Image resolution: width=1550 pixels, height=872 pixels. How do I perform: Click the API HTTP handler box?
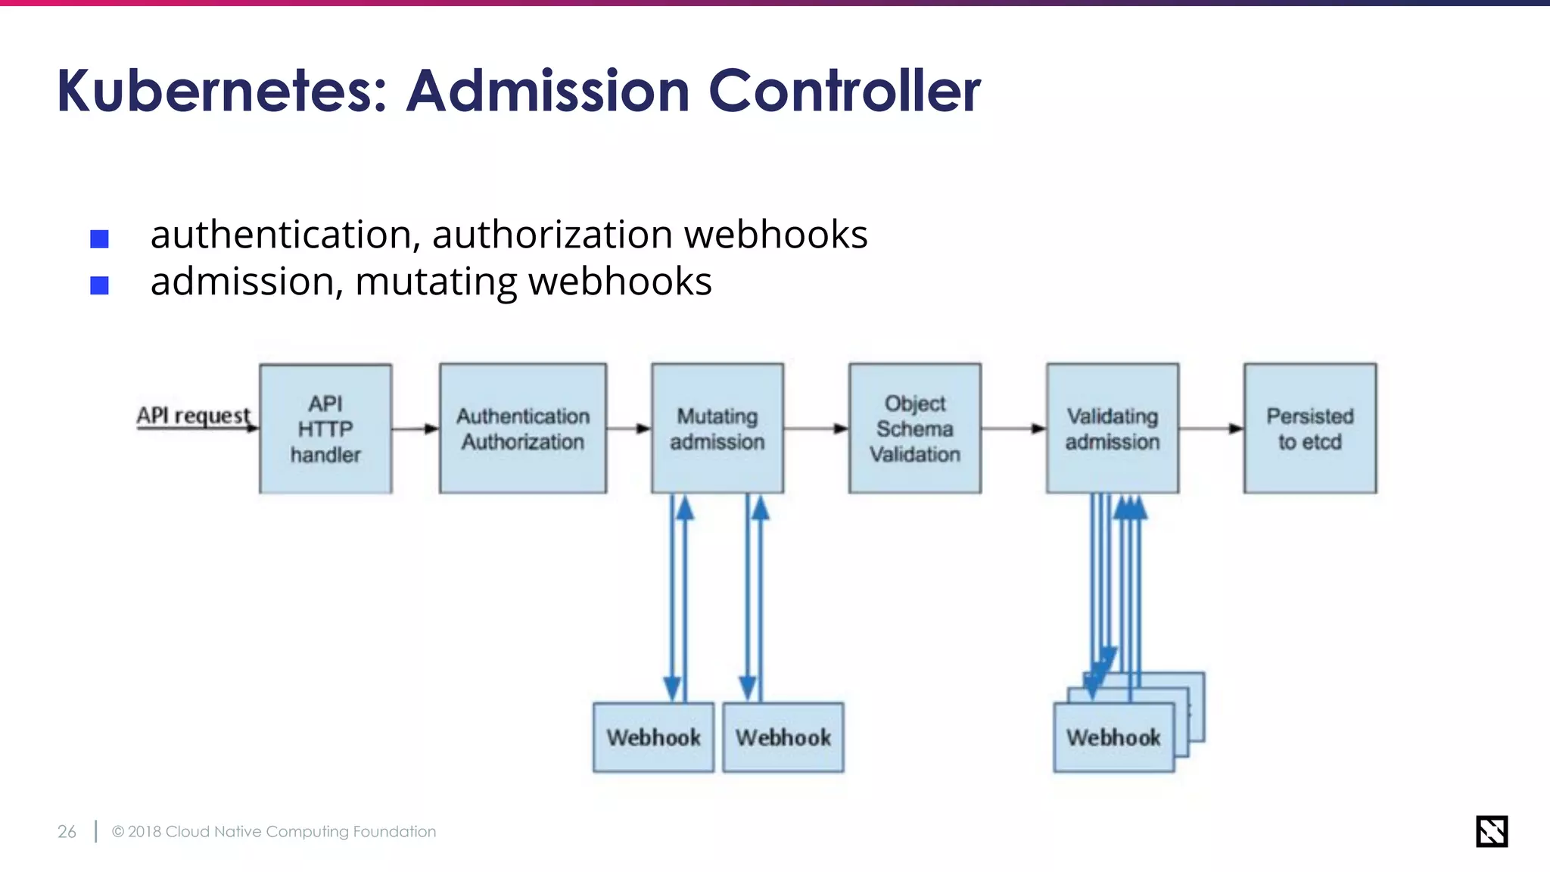click(x=325, y=428)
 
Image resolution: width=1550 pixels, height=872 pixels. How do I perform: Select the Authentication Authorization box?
click(x=523, y=428)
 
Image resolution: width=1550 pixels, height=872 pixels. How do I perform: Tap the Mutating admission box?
click(x=717, y=428)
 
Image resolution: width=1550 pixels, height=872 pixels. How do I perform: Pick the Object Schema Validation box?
click(x=915, y=428)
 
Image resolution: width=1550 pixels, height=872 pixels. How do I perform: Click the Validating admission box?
click(x=1113, y=428)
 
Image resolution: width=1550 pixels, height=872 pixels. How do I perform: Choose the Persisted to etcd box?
click(x=1310, y=428)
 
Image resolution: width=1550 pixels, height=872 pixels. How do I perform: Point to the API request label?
click(x=193, y=416)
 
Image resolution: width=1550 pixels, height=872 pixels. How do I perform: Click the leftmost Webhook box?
click(x=653, y=737)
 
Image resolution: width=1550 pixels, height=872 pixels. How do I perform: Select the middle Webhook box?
click(x=783, y=737)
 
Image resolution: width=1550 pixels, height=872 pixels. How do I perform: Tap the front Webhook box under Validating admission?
click(x=1113, y=738)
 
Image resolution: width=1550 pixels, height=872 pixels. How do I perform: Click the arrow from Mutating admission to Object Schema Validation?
click(x=816, y=428)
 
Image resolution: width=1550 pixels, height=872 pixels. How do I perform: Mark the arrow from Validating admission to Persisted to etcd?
click(x=1211, y=428)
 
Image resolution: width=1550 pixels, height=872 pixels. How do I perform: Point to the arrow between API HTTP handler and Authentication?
click(x=416, y=428)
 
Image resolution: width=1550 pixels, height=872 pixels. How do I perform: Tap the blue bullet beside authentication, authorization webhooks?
click(x=99, y=239)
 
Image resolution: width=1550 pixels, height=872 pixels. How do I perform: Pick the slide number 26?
click(x=67, y=831)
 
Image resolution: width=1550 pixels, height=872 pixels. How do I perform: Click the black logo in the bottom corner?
click(x=1492, y=831)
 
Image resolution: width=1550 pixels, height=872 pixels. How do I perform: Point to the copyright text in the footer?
click(x=274, y=831)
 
